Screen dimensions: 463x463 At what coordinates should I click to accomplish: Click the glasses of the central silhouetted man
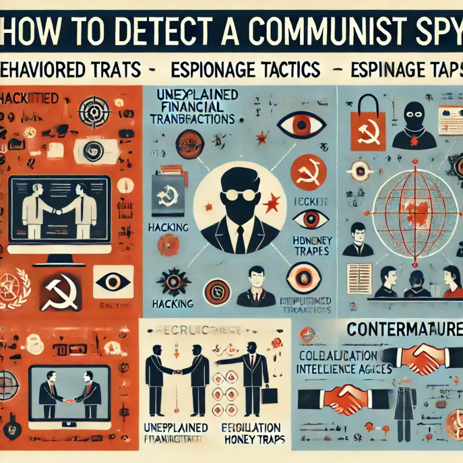tap(237, 193)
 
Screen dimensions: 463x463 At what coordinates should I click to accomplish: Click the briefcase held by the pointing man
tap(268, 395)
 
